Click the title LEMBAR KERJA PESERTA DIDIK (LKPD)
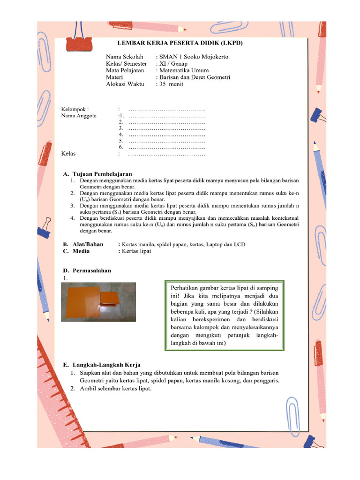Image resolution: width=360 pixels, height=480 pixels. (x=180, y=43)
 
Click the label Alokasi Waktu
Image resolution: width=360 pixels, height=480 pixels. (x=125, y=84)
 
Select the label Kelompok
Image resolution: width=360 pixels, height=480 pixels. (x=75, y=109)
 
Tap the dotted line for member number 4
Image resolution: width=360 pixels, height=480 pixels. (x=167, y=135)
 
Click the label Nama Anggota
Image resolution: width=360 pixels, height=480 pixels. (x=79, y=116)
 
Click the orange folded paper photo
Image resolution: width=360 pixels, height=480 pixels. (x=98, y=302)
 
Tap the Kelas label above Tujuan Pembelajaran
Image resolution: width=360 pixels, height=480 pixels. (x=69, y=153)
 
